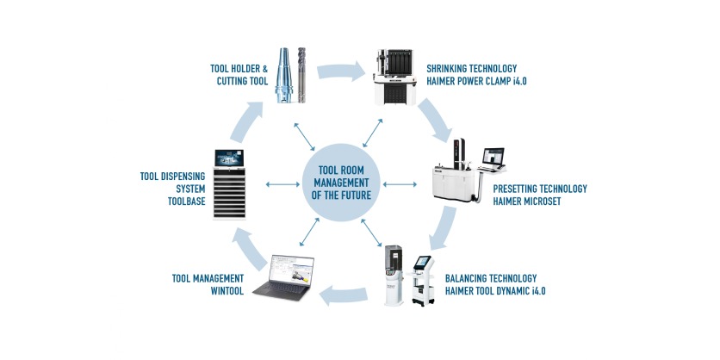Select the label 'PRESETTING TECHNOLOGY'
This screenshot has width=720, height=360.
pos(540,189)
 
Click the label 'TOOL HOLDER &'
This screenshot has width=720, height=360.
pos(239,68)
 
